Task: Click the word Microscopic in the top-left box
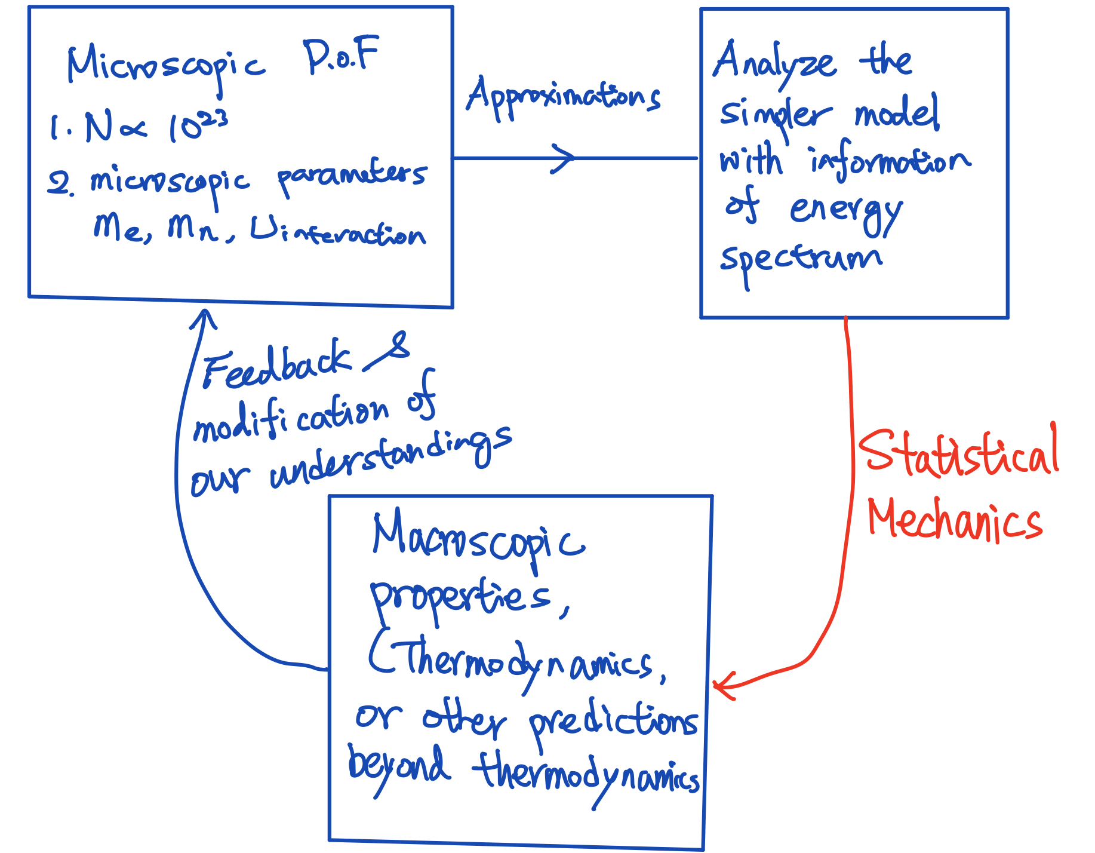tap(165, 66)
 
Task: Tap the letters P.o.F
tap(341, 57)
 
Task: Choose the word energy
tap(845, 212)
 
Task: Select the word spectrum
tap(800, 260)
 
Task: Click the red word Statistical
tap(958, 454)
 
